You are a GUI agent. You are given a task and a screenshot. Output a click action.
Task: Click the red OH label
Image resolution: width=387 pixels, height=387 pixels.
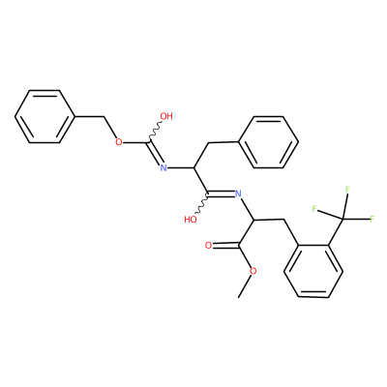pos(166,116)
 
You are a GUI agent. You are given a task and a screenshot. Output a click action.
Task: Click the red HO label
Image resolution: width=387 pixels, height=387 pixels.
pos(191,220)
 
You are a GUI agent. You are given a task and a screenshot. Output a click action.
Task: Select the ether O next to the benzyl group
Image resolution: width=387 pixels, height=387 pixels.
pos(119,142)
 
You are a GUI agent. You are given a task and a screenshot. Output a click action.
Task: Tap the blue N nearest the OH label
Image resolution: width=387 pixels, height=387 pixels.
pos(164,167)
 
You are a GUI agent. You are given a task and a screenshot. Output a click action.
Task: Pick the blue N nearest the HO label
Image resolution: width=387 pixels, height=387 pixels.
pos(238,193)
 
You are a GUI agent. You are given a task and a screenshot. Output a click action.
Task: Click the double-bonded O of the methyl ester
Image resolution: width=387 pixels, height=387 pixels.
pos(209,246)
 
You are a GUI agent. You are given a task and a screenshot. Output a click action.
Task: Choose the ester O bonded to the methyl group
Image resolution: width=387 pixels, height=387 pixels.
pos(253,271)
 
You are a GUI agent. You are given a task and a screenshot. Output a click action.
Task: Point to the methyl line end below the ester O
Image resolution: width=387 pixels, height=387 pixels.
pos(239,297)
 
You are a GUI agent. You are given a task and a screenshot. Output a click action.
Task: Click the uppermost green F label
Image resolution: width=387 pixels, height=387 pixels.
pos(347,190)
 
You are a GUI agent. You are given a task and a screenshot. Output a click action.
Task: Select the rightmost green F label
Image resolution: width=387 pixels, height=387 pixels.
pos(372,220)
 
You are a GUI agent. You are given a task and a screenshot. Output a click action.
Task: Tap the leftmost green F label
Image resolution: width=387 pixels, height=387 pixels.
pos(314,209)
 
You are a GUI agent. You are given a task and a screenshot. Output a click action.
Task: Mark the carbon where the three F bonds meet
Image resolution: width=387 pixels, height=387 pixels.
pos(342,220)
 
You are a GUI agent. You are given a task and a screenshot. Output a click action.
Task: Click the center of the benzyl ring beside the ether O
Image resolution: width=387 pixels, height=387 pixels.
pos(45,116)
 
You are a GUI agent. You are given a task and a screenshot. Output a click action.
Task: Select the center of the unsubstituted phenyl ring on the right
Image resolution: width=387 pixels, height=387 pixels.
pos(268,142)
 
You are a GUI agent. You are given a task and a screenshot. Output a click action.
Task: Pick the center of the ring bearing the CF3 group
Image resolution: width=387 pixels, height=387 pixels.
pos(313,271)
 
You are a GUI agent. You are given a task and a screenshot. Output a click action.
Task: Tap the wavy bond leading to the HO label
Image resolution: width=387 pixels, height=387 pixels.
pos(202,203)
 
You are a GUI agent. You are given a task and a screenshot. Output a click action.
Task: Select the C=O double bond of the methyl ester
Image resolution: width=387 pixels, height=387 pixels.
pos(225,246)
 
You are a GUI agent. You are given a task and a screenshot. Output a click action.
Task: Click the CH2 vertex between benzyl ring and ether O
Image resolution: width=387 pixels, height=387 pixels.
pos(104,116)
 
